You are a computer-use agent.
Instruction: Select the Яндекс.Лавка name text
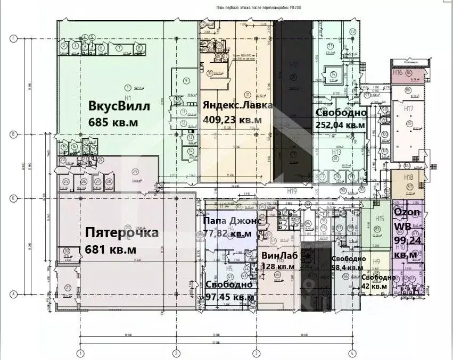click(237, 105)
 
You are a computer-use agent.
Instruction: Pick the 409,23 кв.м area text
click(232, 120)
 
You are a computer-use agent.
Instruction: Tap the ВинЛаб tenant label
click(278, 255)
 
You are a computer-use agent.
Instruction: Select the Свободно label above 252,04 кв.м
click(341, 113)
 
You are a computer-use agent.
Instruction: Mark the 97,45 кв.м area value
click(229, 297)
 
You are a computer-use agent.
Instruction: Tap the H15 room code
click(380, 219)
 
